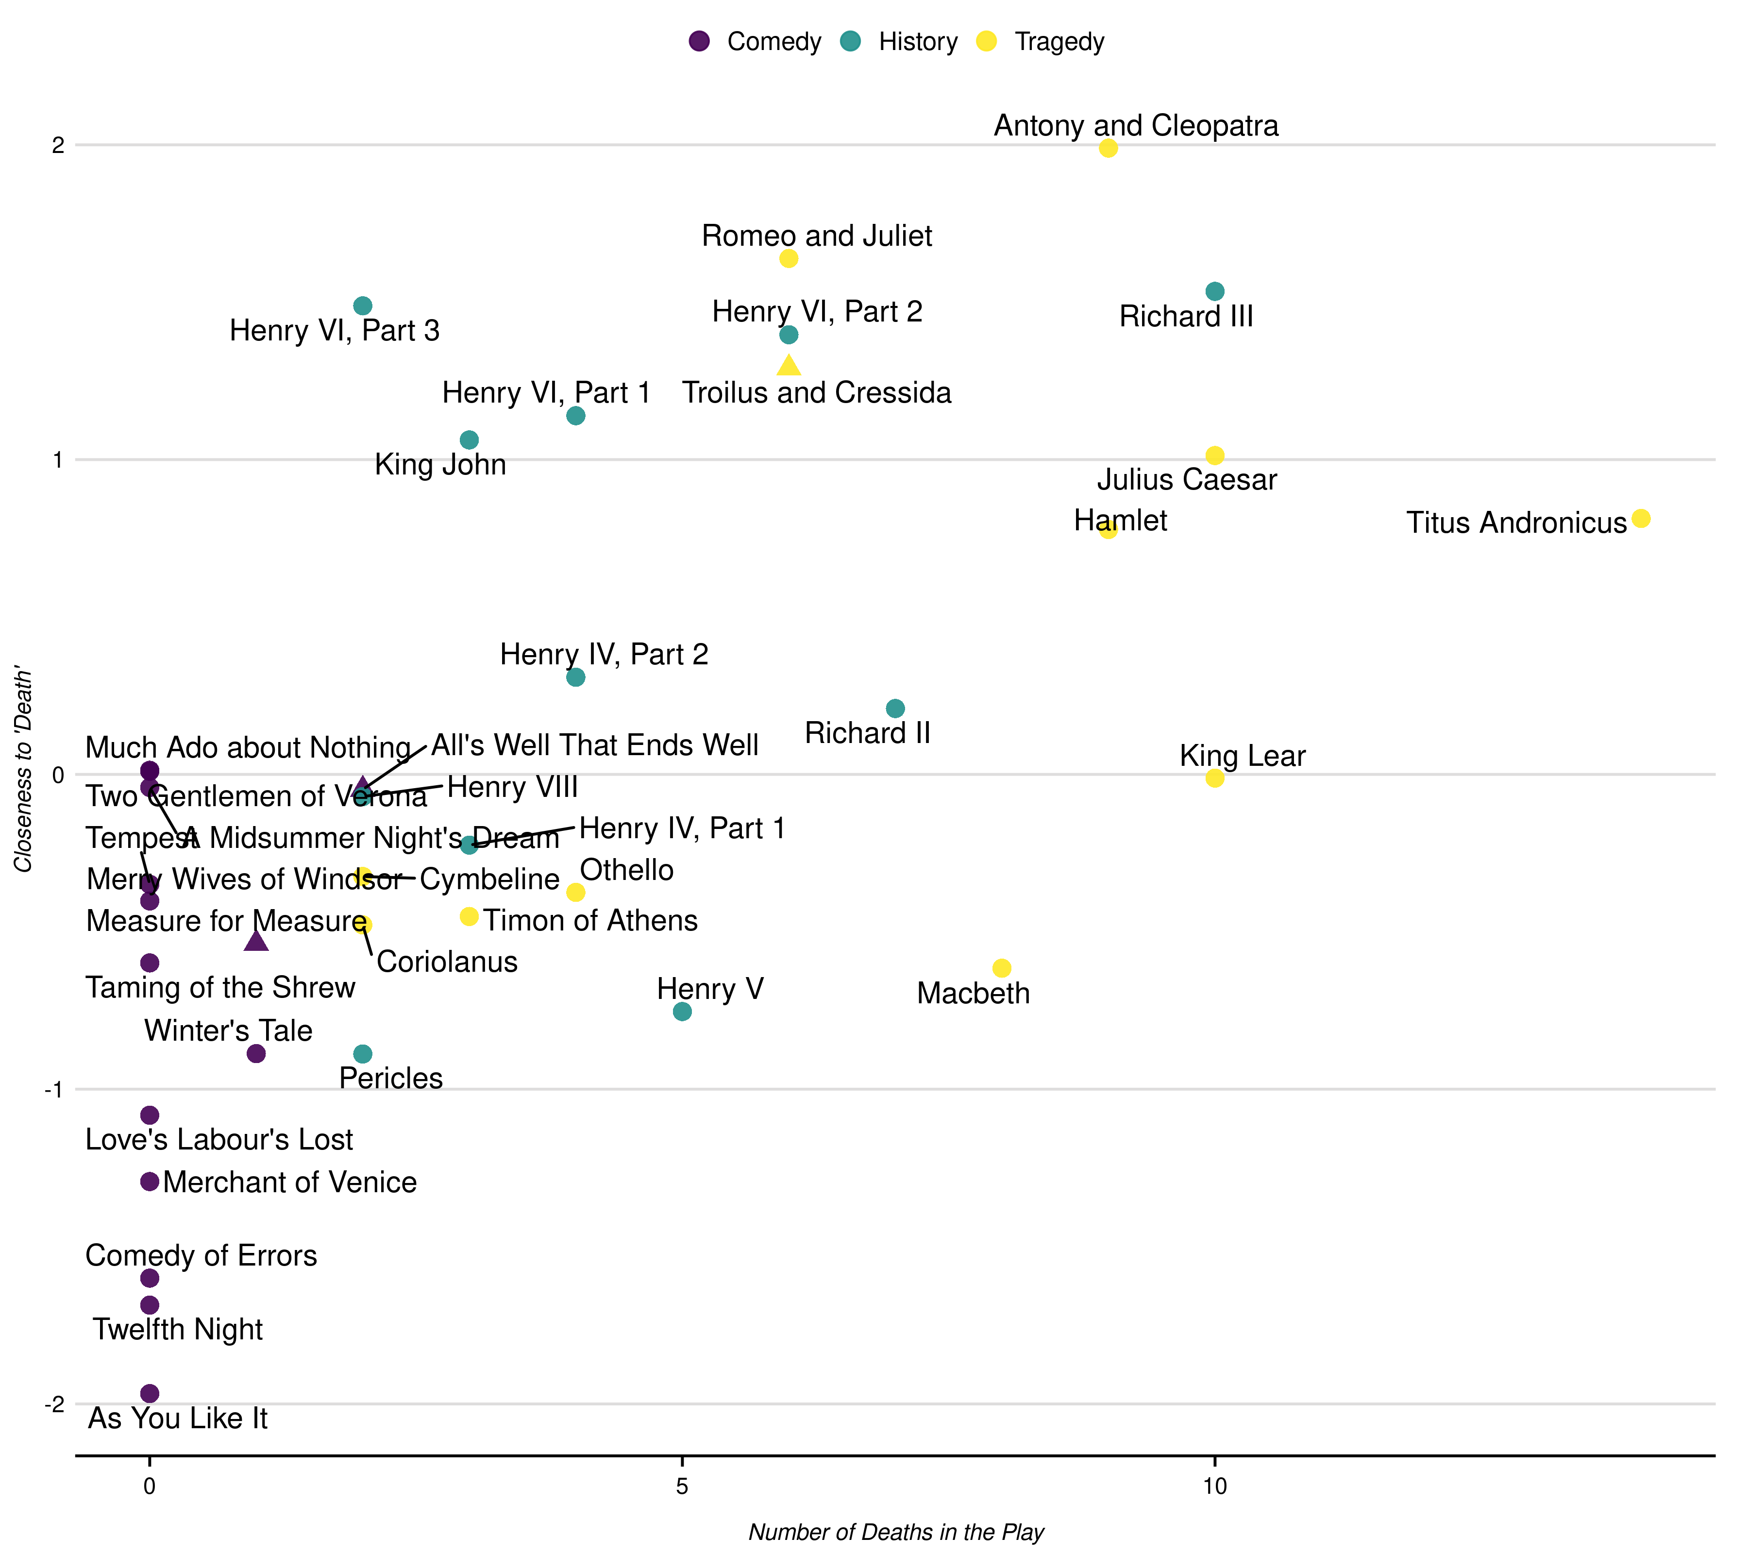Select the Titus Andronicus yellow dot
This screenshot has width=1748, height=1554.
click(1640, 518)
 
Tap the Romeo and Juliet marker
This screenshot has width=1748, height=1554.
click(789, 258)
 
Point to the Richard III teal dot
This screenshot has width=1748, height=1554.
click(1214, 292)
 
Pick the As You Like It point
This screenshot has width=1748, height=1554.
click(150, 1393)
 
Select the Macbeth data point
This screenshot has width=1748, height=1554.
click(1001, 968)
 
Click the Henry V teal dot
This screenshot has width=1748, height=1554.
click(682, 1012)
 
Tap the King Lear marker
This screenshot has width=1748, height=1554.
click(1214, 778)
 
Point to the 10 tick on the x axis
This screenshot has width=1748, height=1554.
click(1214, 1486)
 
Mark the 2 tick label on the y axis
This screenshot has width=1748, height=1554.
click(57, 145)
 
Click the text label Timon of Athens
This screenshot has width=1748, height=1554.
click(590, 920)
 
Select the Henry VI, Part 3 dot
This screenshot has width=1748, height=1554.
click(363, 306)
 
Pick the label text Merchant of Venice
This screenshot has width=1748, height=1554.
click(290, 1182)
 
